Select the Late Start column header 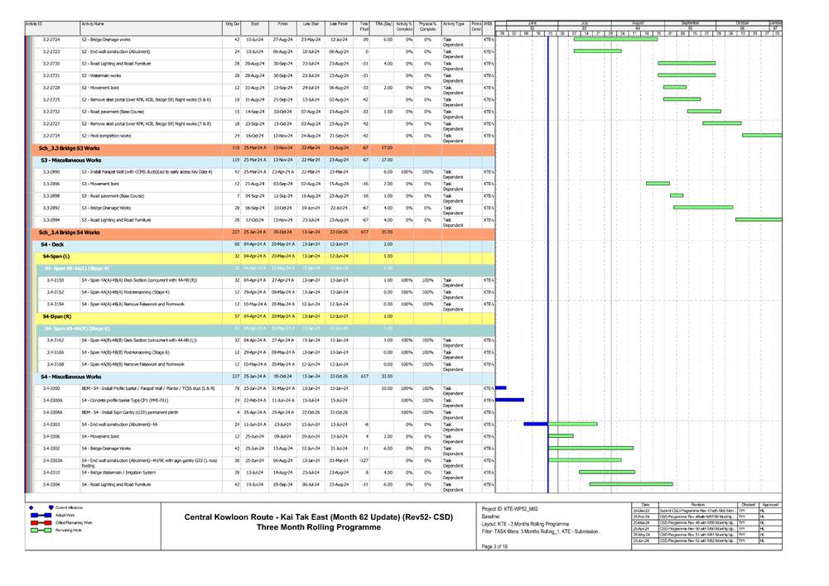click(311, 26)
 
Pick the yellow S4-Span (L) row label click(56, 257)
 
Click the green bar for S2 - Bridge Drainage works click(615, 39)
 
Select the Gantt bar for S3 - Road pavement click(677, 195)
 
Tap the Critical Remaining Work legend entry click(74, 523)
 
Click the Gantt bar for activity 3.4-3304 click(630, 484)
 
